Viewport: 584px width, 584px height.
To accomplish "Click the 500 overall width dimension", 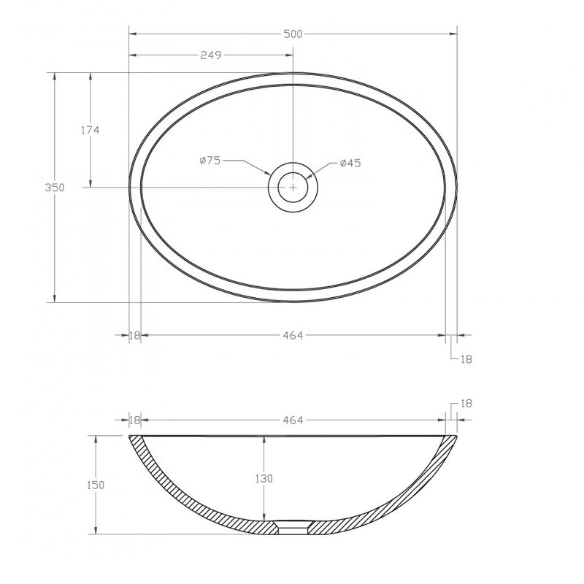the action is click(x=293, y=34).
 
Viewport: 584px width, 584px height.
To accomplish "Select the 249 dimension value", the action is click(x=211, y=55).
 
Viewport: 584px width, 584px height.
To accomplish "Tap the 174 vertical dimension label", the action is click(x=91, y=130).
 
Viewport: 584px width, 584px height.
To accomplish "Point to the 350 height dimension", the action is click(x=55, y=188).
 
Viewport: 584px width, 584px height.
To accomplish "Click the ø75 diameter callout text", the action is click(x=210, y=161).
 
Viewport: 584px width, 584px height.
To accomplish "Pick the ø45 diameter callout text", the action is click(x=350, y=163).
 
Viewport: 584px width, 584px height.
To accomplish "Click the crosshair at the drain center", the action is click(x=293, y=187).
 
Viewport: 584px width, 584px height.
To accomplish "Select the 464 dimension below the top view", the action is click(x=293, y=336).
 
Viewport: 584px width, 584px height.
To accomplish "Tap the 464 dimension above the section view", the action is click(x=293, y=420).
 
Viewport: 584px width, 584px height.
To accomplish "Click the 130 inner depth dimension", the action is click(x=264, y=478).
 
